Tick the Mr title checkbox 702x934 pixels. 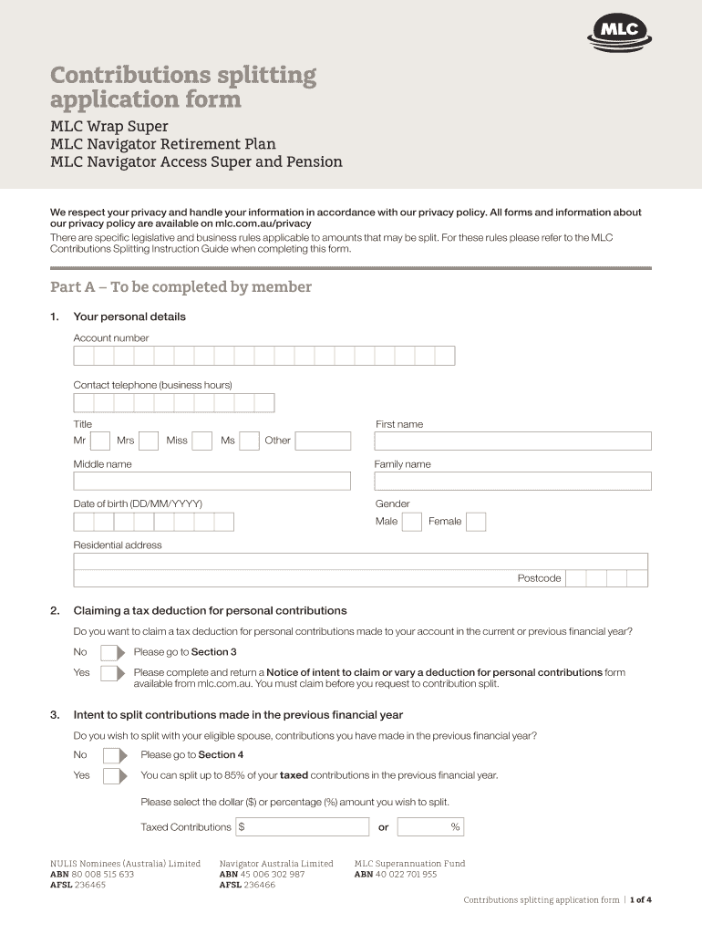point(101,441)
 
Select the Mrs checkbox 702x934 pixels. point(149,441)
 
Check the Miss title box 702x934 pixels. point(202,441)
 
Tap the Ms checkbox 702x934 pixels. point(250,441)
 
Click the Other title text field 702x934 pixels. point(323,441)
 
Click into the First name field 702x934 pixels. point(512,441)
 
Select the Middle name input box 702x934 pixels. point(212,481)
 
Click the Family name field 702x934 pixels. point(512,481)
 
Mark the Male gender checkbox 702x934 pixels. point(412,522)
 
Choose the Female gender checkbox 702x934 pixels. point(476,522)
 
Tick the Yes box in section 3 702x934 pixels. point(114,776)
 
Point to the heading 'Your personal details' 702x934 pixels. point(129,317)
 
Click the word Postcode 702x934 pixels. point(540,578)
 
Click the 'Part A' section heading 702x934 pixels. point(181,287)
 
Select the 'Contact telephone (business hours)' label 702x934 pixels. point(152,385)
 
